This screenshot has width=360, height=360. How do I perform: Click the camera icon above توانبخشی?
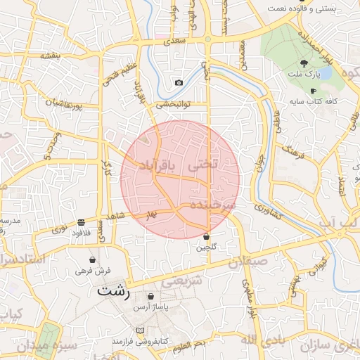coord(179,83)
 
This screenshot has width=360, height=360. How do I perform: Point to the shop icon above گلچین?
coord(206,237)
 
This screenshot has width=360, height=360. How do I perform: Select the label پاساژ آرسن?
coord(150,308)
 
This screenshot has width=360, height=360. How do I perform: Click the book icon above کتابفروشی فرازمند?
coord(139,330)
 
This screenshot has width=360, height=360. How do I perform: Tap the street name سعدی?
coord(174,42)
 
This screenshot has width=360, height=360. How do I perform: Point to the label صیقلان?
coord(248,261)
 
